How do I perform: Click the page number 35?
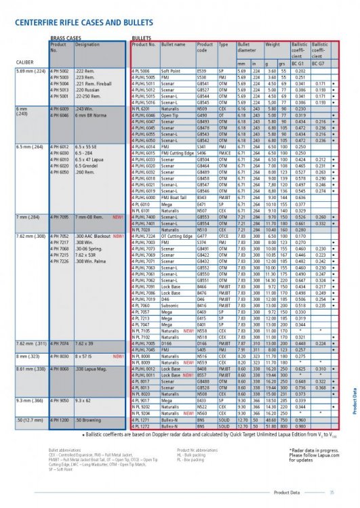(x=332, y=492)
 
